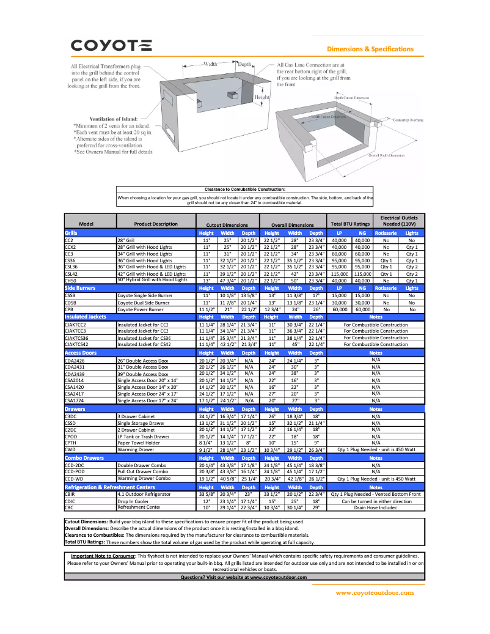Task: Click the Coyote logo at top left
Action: point(112,46)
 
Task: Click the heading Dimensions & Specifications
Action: point(370,49)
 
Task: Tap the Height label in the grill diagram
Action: point(261,97)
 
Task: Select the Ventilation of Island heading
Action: point(114,119)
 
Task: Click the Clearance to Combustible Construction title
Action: point(244,190)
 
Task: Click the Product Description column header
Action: point(156,224)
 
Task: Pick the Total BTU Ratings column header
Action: point(350,224)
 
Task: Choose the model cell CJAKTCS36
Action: point(76,337)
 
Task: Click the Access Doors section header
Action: point(80,353)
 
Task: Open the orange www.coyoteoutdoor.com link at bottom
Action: point(375,592)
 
